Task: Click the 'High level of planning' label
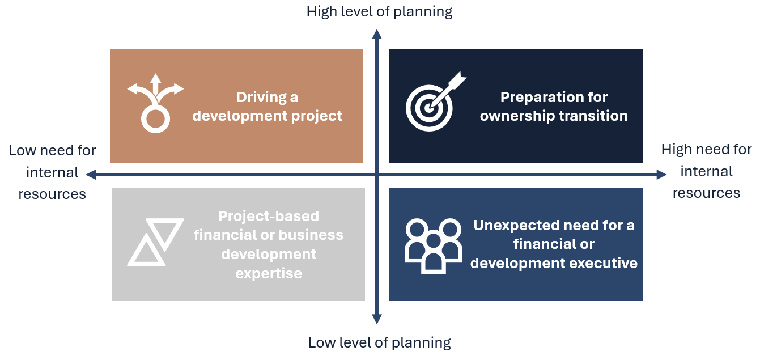(x=379, y=12)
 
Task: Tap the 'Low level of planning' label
(x=379, y=343)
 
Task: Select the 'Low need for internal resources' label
(x=52, y=172)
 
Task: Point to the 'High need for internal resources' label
(x=706, y=171)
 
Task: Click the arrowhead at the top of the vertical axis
(x=377, y=34)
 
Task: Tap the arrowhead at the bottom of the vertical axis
(x=377, y=319)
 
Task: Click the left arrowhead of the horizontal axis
(x=91, y=174)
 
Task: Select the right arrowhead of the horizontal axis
(x=661, y=174)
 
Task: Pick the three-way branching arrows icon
(x=155, y=103)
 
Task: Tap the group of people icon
(x=433, y=246)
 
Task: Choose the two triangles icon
(x=155, y=242)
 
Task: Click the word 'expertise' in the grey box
(x=269, y=274)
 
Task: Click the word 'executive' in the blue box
(x=603, y=263)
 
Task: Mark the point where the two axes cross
(x=377, y=174)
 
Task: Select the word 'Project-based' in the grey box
(x=269, y=216)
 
